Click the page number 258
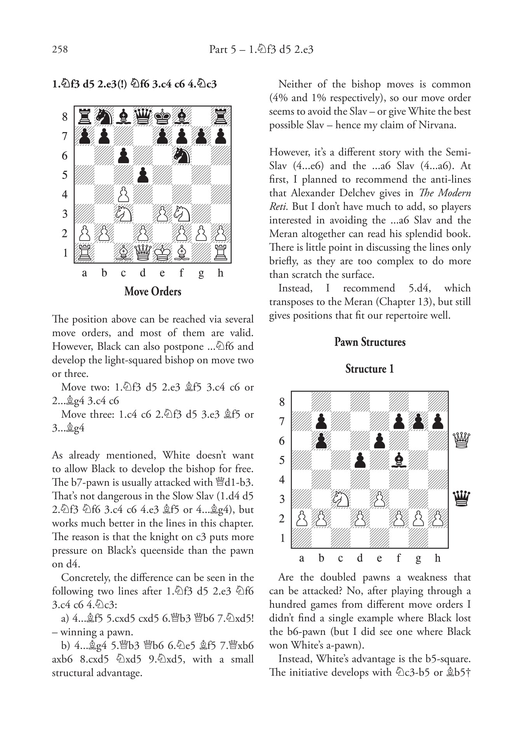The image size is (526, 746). pyautogui.click(x=60, y=49)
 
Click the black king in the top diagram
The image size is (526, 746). pyautogui.click(x=162, y=116)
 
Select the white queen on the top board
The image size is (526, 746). pyautogui.click(x=143, y=253)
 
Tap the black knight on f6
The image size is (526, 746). pyautogui.click(x=182, y=155)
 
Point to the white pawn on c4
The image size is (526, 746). pyautogui.click(x=124, y=194)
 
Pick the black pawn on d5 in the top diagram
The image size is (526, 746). pyautogui.click(x=143, y=175)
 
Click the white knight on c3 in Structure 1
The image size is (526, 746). pyautogui.click(x=341, y=499)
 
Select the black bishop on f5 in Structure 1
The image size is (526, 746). pyautogui.click(x=399, y=460)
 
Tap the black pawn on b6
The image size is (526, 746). pyautogui.click(x=321, y=441)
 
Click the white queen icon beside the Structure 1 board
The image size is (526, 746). pyautogui.click(x=462, y=441)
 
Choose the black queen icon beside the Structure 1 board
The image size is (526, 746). pyautogui.click(x=462, y=499)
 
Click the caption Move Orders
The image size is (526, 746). pyautogui.click(x=153, y=292)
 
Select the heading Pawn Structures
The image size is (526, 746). pyautogui.click(x=370, y=342)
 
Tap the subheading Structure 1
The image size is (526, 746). pyautogui.click(x=370, y=369)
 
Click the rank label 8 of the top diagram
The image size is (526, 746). pyautogui.click(x=64, y=117)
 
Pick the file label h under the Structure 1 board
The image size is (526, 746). pyautogui.click(x=438, y=558)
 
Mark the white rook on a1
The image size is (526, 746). pyautogui.click(x=85, y=253)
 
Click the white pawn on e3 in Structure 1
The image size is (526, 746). pyautogui.click(x=380, y=499)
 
